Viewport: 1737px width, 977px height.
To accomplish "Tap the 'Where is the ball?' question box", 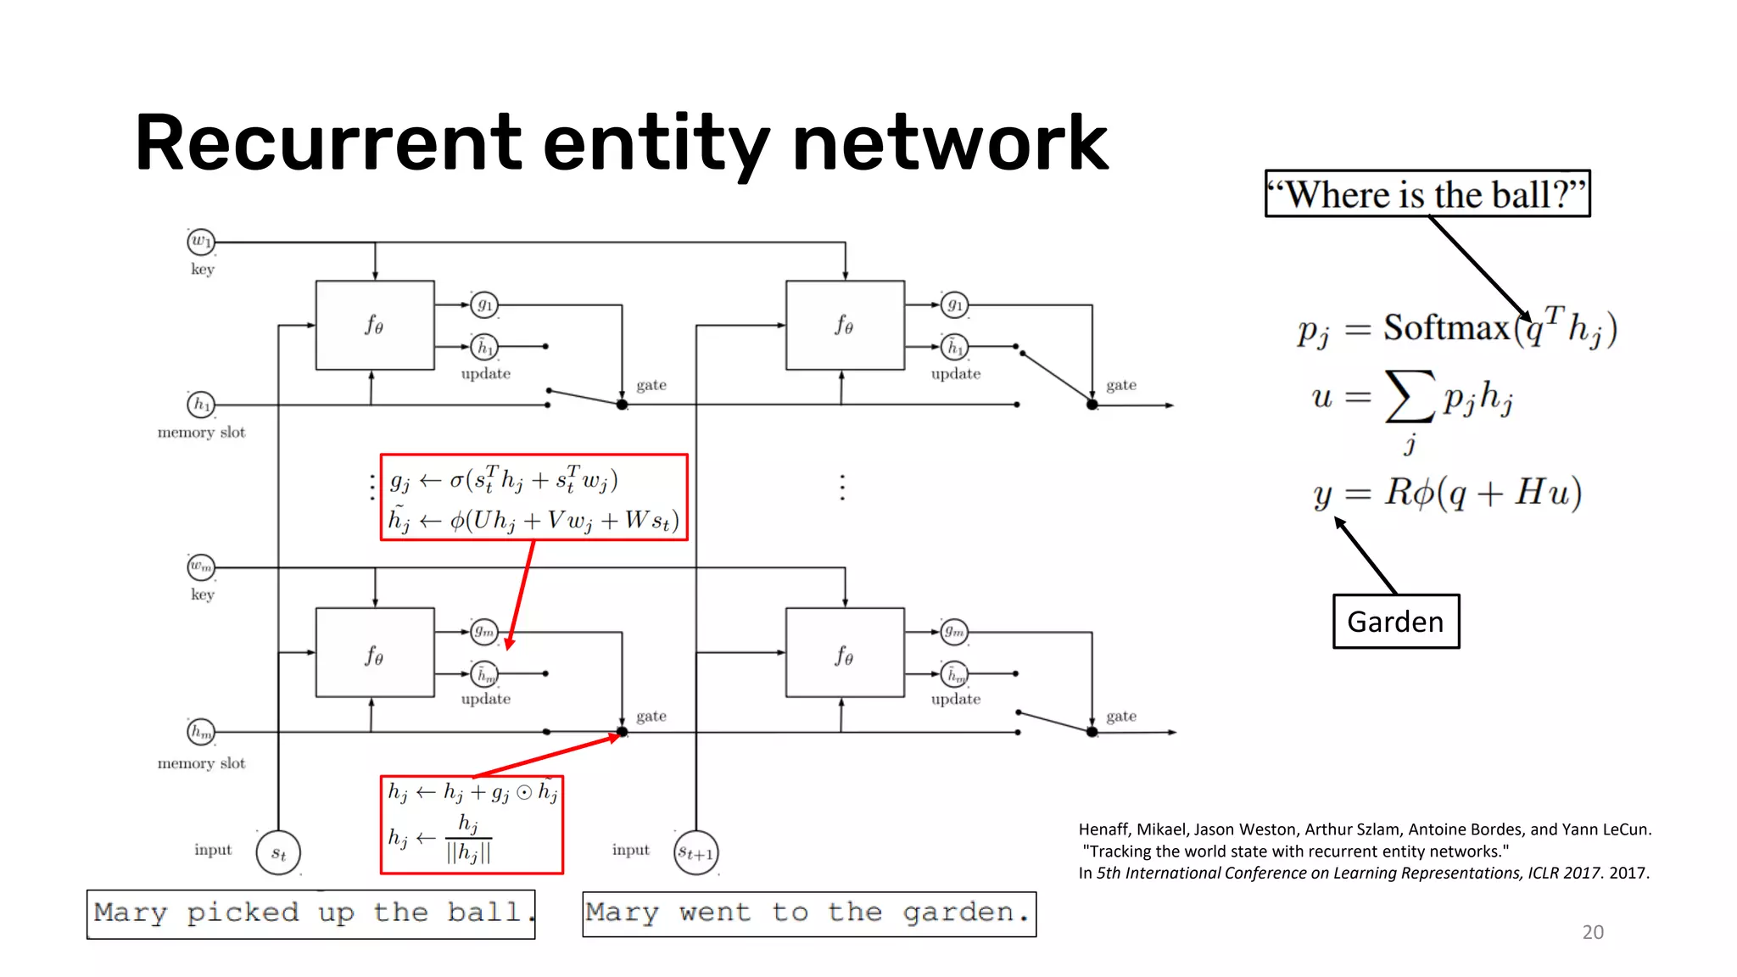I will tap(1427, 194).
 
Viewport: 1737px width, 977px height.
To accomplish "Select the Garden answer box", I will tap(1395, 622).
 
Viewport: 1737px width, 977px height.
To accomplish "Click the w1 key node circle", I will tap(200, 242).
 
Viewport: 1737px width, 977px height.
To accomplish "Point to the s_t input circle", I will tap(278, 853).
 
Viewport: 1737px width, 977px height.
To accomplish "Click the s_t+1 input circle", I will tap(695, 853).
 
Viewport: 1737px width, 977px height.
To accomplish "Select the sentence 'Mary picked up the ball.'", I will tap(310, 914).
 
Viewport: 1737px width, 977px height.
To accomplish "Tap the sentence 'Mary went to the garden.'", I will tap(809, 914).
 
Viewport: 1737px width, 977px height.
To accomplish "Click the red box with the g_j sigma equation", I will tap(533, 498).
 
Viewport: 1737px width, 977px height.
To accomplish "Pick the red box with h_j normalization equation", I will tap(472, 824).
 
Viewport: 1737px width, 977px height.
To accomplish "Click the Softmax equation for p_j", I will tap(1456, 329).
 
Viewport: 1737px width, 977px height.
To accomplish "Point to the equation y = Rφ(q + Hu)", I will tap(1447, 493).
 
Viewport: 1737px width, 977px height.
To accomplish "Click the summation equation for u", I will tap(1412, 399).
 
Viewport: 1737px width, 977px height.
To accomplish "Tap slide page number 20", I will tap(1592, 932).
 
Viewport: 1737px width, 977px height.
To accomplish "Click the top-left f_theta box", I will tap(375, 326).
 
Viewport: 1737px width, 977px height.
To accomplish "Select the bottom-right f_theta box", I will tap(845, 653).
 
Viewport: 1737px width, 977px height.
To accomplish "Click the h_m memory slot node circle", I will tap(201, 731).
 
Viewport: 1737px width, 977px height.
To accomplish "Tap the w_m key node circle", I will tap(201, 567).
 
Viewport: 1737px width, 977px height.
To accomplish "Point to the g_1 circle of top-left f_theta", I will tap(484, 304).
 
